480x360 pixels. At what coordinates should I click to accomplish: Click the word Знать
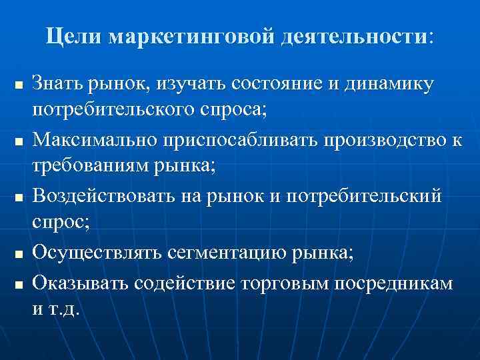61,85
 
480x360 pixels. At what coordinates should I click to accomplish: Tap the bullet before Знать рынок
19,87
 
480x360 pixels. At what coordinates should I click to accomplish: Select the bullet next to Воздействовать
19,197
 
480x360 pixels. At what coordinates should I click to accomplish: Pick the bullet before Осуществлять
19,254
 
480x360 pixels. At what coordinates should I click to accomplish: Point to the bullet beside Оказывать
19,285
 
